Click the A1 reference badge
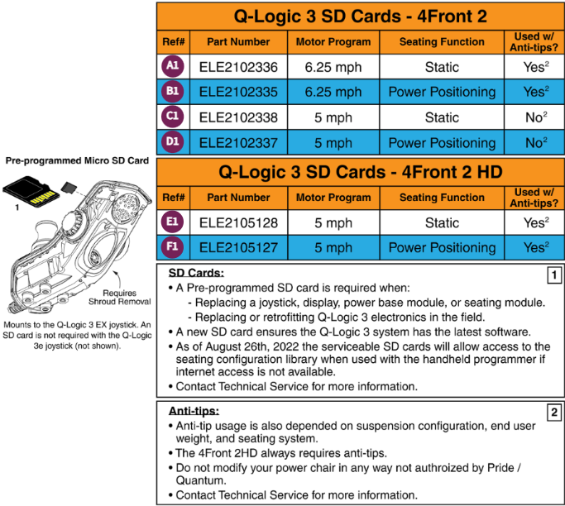pyautogui.click(x=172, y=67)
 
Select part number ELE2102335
pyautogui.click(x=238, y=92)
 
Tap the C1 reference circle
pyautogui.click(x=172, y=117)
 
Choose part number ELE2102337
pyautogui.click(x=238, y=142)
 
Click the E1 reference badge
pyautogui.click(x=172, y=222)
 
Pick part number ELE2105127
pyautogui.click(x=238, y=247)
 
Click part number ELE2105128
pyautogui.click(x=238, y=222)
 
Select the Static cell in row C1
pyautogui.click(x=442, y=117)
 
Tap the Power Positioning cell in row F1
pyautogui.click(x=442, y=247)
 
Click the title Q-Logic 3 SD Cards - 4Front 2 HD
pyautogui.click(x=359, y=172)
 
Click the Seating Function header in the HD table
pyautogui.click(x=442, y=198)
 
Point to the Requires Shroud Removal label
pyautogui.click(x=124, y=298)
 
